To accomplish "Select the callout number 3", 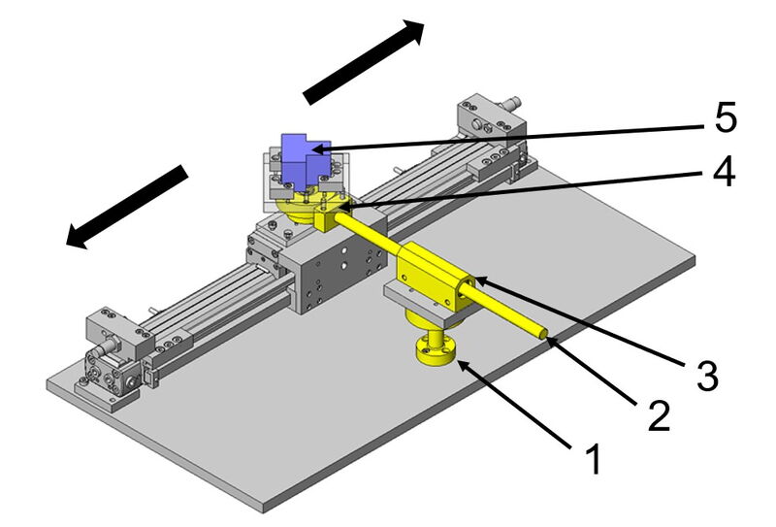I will [x=707, y=376].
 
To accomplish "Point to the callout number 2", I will [x=659, y=414].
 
